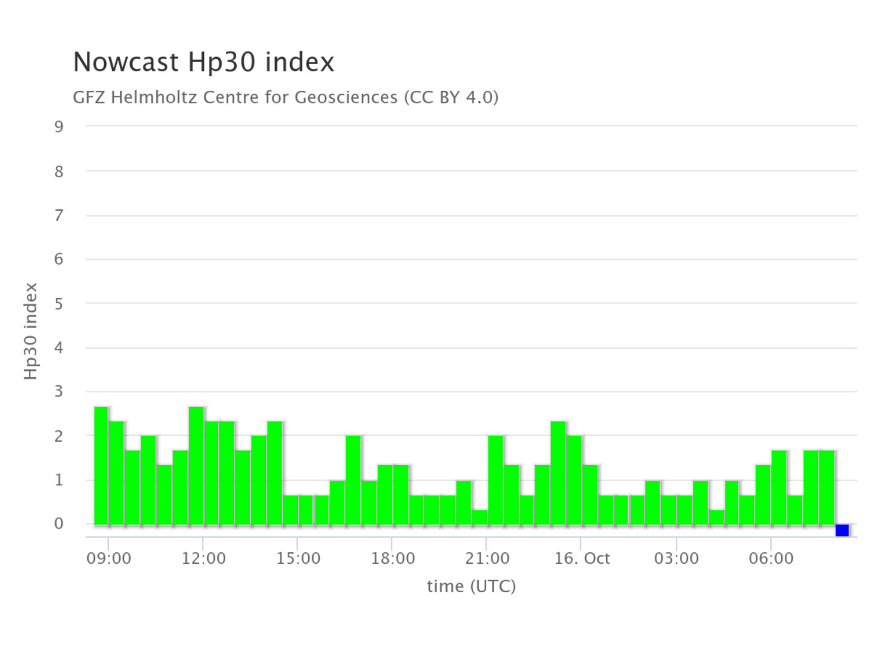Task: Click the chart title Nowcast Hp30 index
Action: coord(203,62)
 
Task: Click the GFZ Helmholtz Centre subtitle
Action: coord(285,97)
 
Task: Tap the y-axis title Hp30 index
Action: coord(31,331)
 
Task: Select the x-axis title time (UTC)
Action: coord(471,586)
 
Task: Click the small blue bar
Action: coord(842,530)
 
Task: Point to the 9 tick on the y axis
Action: coord(59,127)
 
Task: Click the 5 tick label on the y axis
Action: coord(59,303)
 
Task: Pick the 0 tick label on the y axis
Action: coord(59,524)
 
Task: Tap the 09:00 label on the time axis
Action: coord(109,558)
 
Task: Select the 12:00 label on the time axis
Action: coord(203,558)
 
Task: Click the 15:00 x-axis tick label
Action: coord(298,558)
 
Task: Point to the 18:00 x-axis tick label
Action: coord(393,558)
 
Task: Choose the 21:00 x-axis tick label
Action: coord(487,558)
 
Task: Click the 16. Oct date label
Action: coord(582,558)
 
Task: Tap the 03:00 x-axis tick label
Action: coord(676,558)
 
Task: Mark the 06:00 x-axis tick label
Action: coord(771,558)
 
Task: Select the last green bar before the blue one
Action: coord(827,487)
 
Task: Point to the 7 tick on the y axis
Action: coord(59,215)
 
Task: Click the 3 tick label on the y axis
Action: coord(59,392)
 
